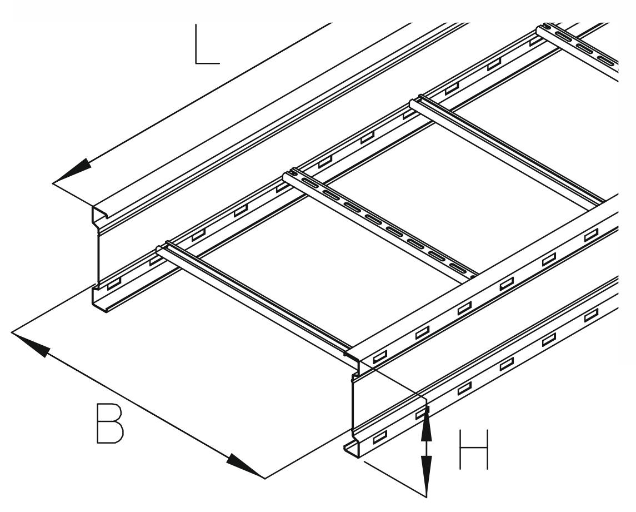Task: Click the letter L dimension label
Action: [207, 44]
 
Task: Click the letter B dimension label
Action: [110, 423]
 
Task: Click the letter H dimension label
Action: [474, 450]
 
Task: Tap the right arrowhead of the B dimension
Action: [246, 466]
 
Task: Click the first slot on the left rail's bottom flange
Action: [113, 284]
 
